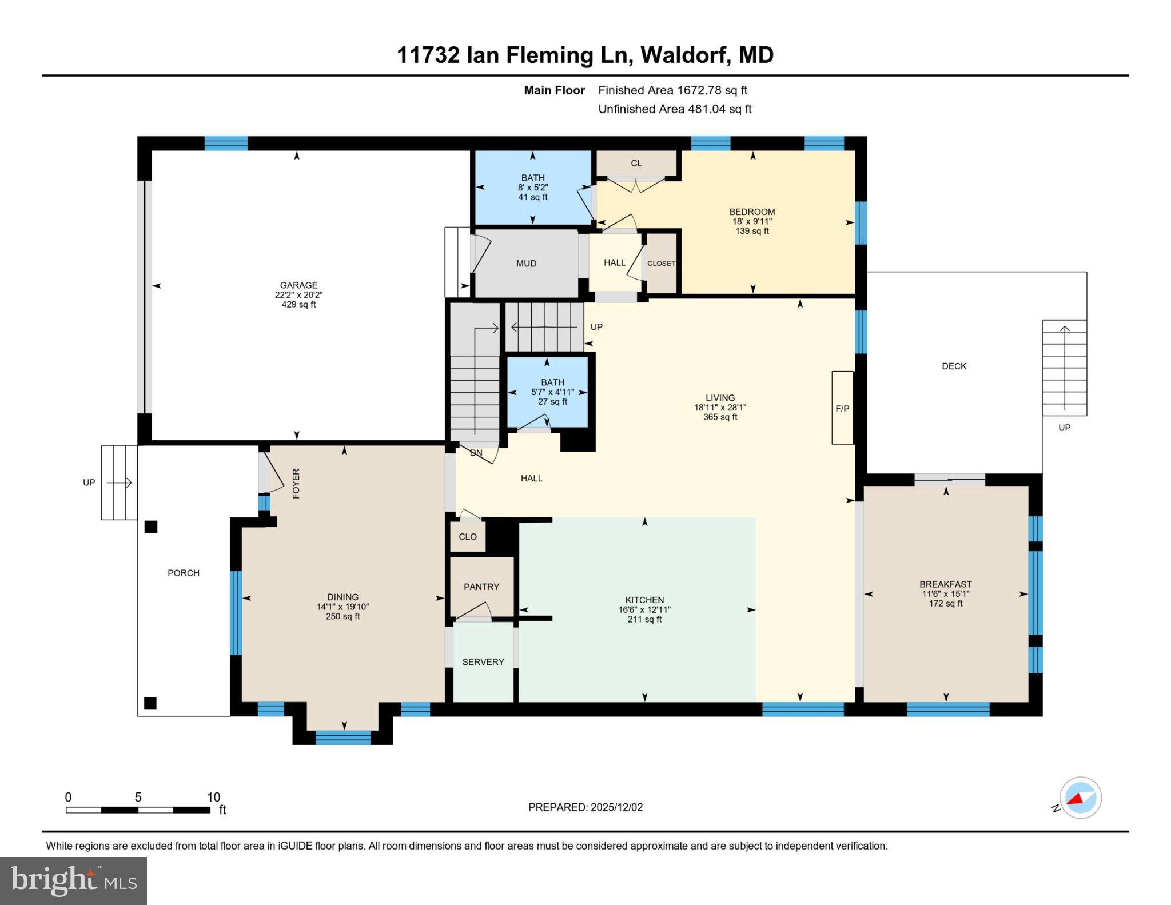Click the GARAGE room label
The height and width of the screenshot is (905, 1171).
coord(298,285)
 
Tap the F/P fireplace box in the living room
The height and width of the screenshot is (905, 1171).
coord(842,408)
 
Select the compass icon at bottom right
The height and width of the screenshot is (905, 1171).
coord(1080,798)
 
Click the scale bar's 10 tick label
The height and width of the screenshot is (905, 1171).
coord(213,797)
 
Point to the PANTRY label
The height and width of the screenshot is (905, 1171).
coord(481,587)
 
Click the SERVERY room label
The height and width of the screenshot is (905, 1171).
coord(483,661)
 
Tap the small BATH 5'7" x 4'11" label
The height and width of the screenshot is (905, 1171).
coord(552,392)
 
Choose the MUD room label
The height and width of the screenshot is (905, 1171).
coord(526,264)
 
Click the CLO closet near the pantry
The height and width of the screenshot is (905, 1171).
coord(468,536)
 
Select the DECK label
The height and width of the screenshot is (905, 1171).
coord(954,366)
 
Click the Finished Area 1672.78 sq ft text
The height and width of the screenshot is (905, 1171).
coord(672,90)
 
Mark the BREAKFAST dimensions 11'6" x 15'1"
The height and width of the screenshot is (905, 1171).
coord(945,594)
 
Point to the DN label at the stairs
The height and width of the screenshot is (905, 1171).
coord(476,453)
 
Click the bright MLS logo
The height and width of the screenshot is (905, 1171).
coord(73,880)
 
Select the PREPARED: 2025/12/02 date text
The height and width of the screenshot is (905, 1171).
coord(585,807)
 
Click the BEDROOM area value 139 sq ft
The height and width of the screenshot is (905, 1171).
coord(752,231)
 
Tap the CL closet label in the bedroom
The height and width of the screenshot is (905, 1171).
coord(636,163)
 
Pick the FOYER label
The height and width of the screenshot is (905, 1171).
coord(296,483)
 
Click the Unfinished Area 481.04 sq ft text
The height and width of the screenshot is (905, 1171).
coord(675,109)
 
